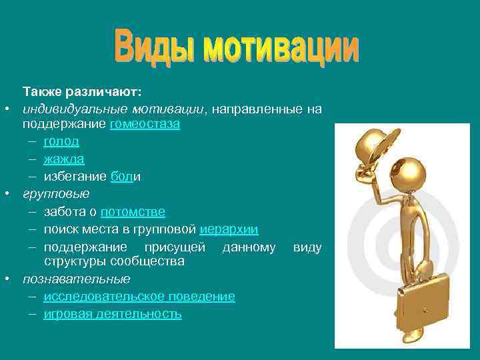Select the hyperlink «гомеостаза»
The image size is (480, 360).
point(146,124)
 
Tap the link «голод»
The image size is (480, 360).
point(61,141)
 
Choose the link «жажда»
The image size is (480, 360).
point(64,159)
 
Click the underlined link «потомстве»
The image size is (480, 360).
point(133,212)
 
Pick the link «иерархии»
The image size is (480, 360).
point(229,229)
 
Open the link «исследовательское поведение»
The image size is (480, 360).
point(139,296)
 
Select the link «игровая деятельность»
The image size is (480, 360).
point(113,313)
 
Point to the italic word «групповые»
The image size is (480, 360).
point(56,194)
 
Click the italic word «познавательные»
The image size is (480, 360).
point(77,279)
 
